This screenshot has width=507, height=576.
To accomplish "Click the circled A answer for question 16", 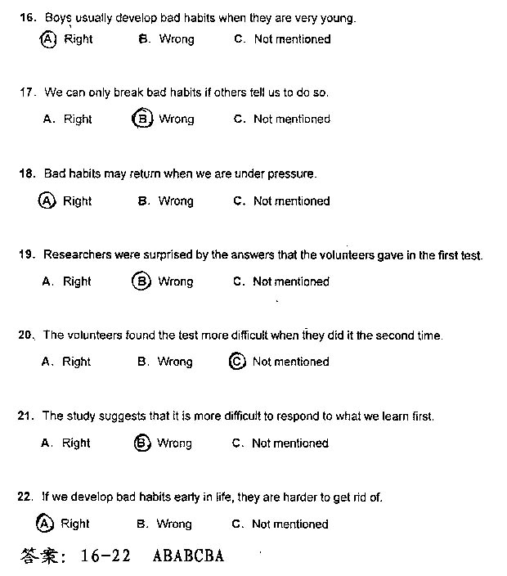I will coord(47,38).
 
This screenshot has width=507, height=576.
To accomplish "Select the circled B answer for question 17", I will coord(141,119).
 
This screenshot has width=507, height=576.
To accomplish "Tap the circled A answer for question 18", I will coord(47,200).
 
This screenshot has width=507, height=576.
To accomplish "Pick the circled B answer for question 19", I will coord(141,281).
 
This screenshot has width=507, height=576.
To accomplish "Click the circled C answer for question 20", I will coord(237,362).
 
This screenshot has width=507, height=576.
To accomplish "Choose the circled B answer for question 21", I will coord(141,443).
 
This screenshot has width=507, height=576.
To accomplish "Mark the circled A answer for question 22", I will coord(46,524).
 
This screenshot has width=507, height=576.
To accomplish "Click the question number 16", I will coord(27,16).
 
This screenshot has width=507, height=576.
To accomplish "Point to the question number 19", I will coord(26,255).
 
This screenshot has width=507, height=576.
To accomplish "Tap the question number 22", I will coord(25,497).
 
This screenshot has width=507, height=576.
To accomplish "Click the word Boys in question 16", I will coord(58,16).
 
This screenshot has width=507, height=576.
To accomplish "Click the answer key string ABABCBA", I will coord(188,556).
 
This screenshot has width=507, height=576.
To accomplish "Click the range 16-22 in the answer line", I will coord(106,556).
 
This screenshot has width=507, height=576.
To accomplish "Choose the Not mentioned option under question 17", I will coord(291,119).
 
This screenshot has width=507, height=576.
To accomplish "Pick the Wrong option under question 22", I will coord(173,524).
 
